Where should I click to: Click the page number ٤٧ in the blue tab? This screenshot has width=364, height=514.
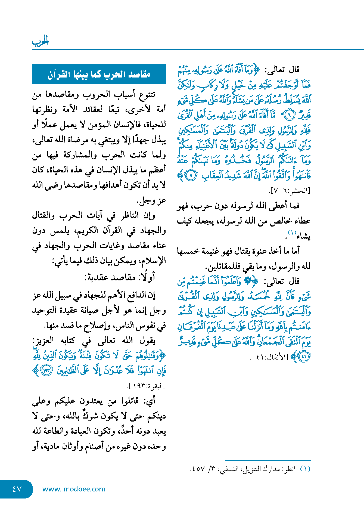point(17,489)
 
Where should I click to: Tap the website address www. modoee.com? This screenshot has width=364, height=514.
point(74,489)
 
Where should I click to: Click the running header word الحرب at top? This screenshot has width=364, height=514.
point(40,41)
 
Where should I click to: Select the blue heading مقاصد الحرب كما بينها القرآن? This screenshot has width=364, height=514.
point(99,74)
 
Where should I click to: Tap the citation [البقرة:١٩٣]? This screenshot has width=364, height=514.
point(146,386)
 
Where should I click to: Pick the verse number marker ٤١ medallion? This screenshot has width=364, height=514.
point(304,357)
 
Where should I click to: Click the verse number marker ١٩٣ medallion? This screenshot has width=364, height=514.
point(47,371)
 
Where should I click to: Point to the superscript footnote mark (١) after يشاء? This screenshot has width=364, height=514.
point(292,233)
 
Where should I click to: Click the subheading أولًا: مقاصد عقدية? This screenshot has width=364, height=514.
point(120,277)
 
